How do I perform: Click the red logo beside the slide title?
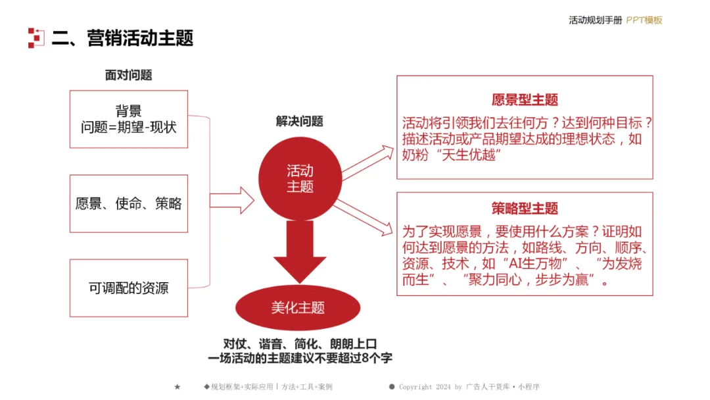pyautogui.click(x=35, y=37)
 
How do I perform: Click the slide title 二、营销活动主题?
pyautogui.click(x=122, y=37)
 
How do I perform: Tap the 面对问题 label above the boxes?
pyautogui.click(x=128, y=75)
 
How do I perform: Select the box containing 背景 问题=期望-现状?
pyautogui.click(x=128, y=119)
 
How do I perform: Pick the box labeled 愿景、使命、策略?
pyautogui.click(x=128, y=203)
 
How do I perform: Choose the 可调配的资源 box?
pyautogui.click(x=128, y=287)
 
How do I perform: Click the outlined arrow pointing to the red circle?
pyautogui.click(x=231, y=201)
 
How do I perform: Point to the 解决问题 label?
pyautogui.click(x=299, y=121)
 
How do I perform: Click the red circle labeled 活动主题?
pyautogui.click(x=300, y=178)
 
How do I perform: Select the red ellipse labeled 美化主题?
pyautogui.click(x=298, y=307)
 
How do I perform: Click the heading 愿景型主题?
pyautogui.click(x=525, y=100)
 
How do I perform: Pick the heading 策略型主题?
pyautogui.click(x=525, y=209)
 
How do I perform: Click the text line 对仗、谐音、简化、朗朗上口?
pyautogui.click(x=300, y=343)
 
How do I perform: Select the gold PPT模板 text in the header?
pyautogui.click(x=644, y=20)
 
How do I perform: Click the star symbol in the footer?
pyautogui.click(x=177, y=387)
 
